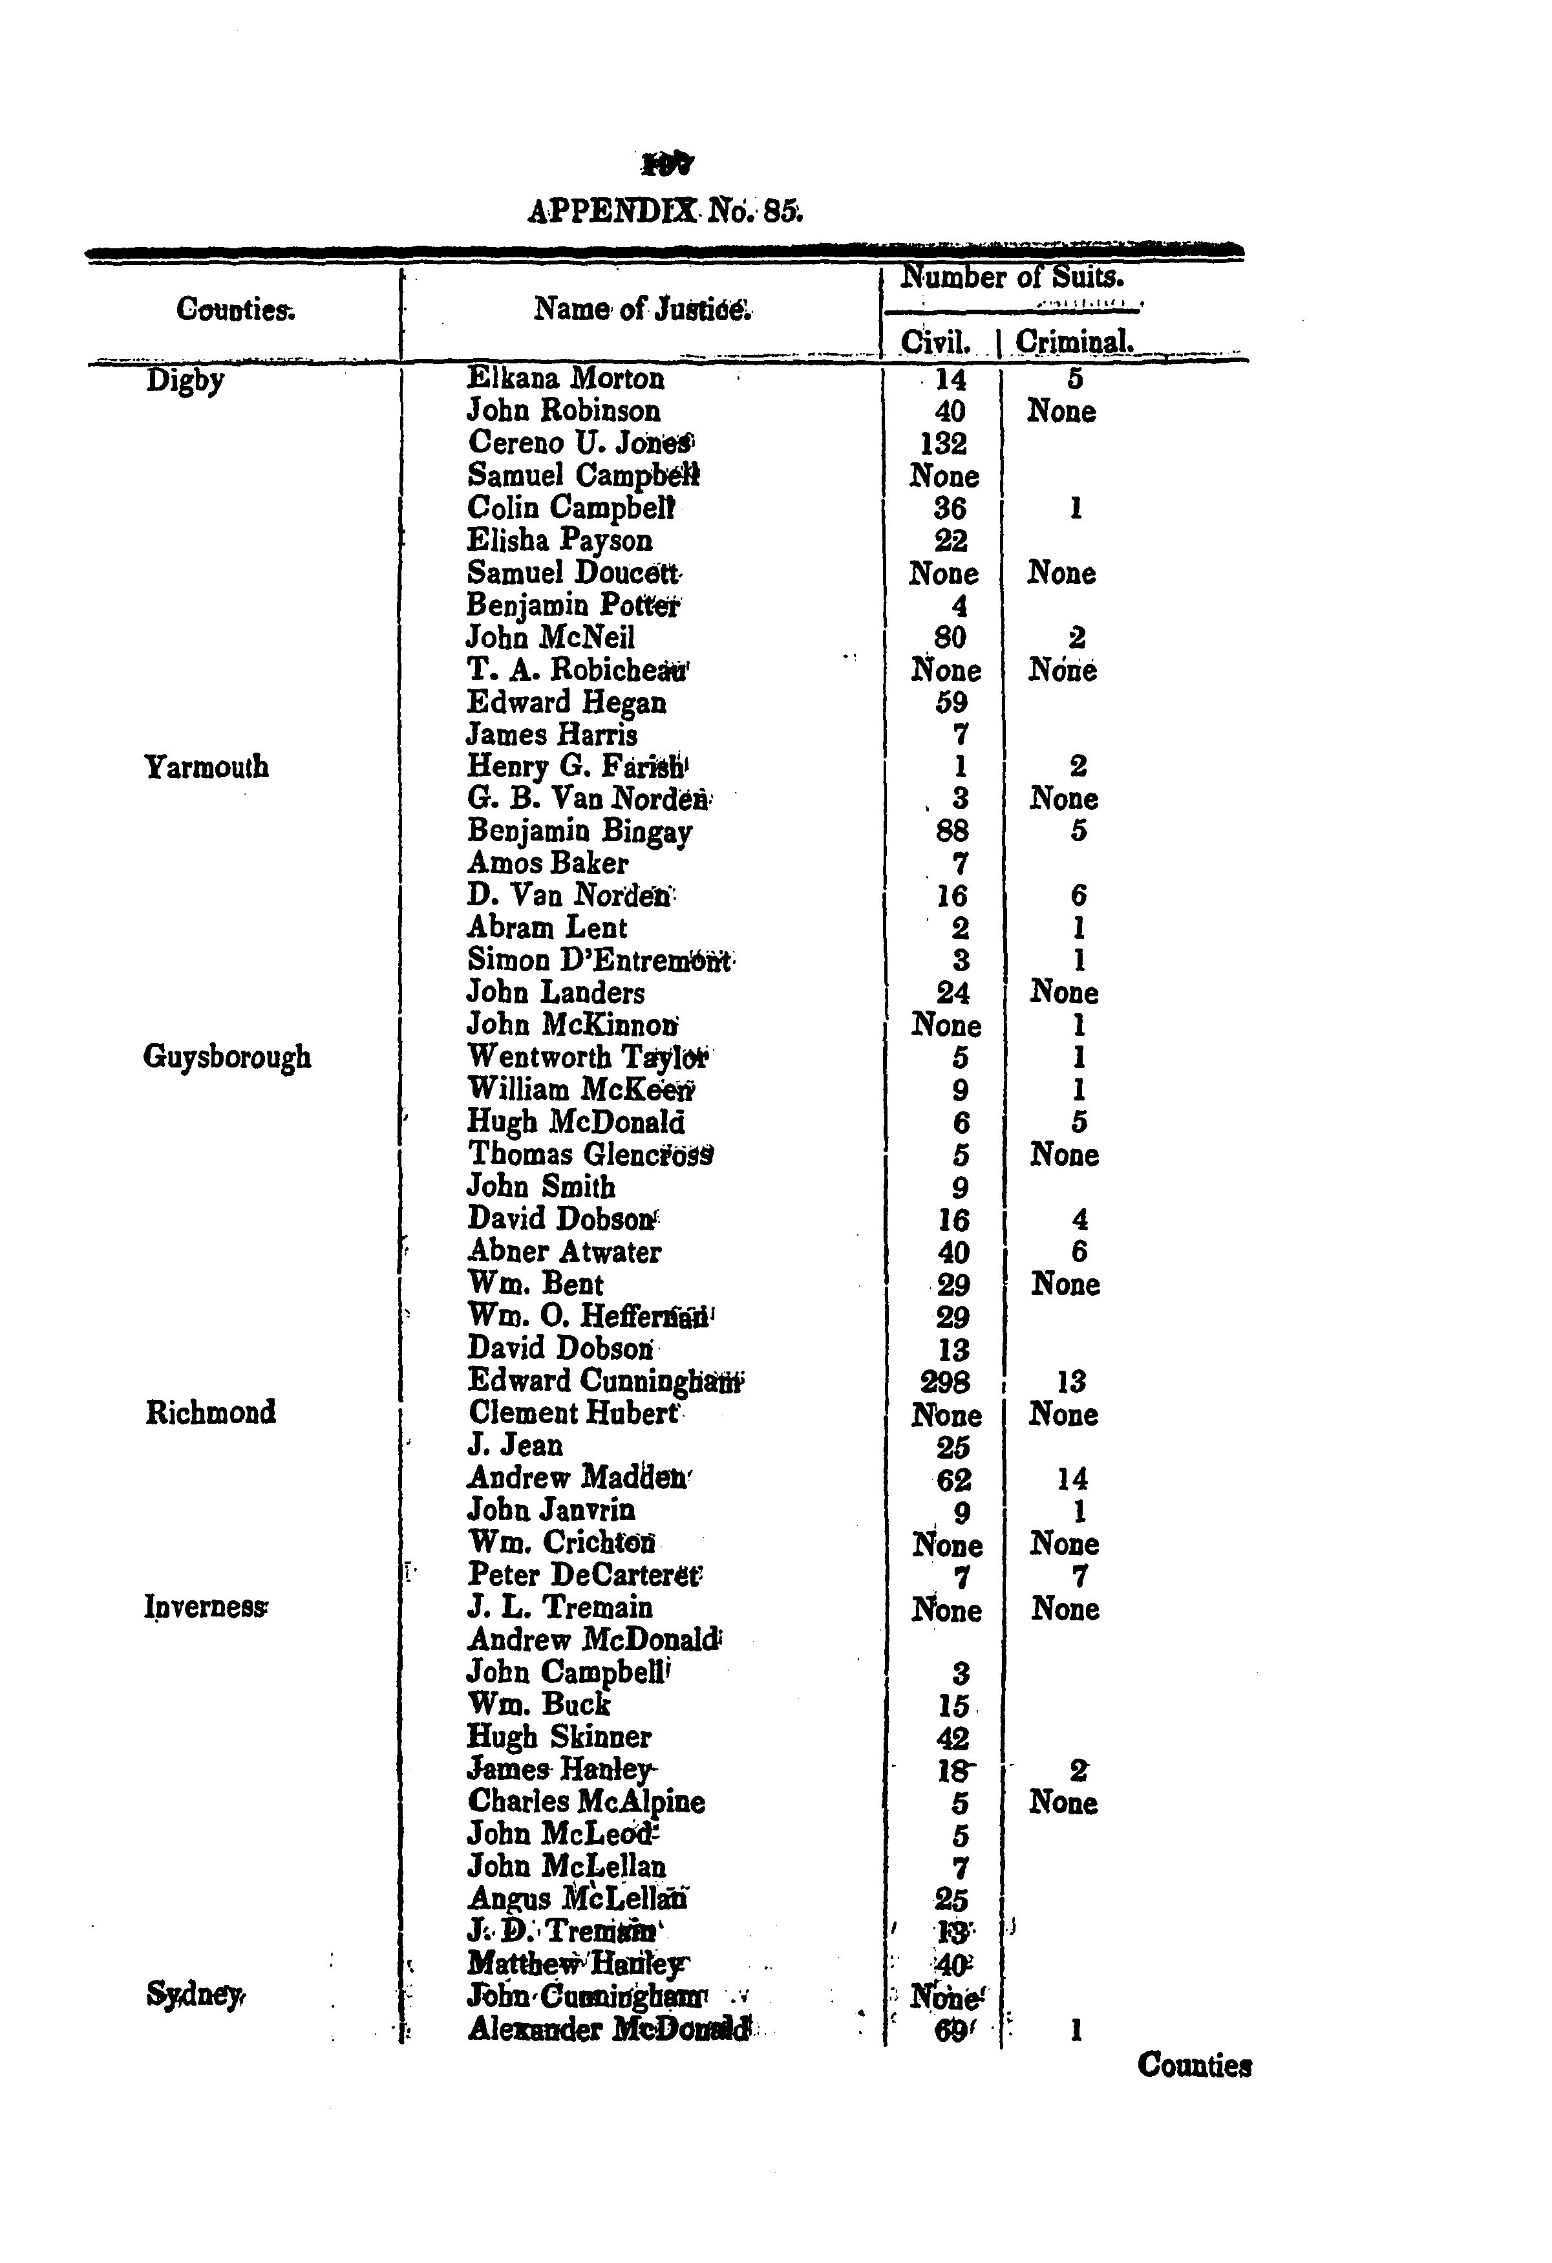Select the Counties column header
pos(236,310)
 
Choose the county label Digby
pos(185,380)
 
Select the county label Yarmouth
pos(206,767)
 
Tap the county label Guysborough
pos(227,1058)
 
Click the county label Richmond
pos(210,1412)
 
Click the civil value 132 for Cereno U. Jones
pos(944,444)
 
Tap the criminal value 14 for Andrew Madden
pos(1072,1479)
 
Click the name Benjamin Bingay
pos(579,831)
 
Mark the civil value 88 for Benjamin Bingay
pos(951,831)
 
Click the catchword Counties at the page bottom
pos(1194,2065)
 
